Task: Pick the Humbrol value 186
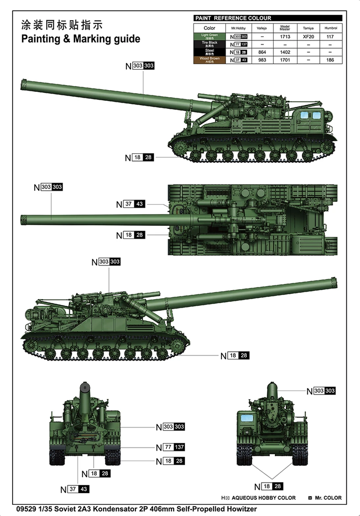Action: pos(330,60)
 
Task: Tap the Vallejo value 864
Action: pos(262,52)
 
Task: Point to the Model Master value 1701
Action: pos(285,60)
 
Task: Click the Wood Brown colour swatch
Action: pos(209,60)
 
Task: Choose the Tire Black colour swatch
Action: pos(209,44)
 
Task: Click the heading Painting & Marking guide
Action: pos(81,39)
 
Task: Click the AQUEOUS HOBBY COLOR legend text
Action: pos(264,498)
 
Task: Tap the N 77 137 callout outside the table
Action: pos(171,447)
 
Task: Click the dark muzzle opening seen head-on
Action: pos(85,389)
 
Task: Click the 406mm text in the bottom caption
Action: pos(175,509)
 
